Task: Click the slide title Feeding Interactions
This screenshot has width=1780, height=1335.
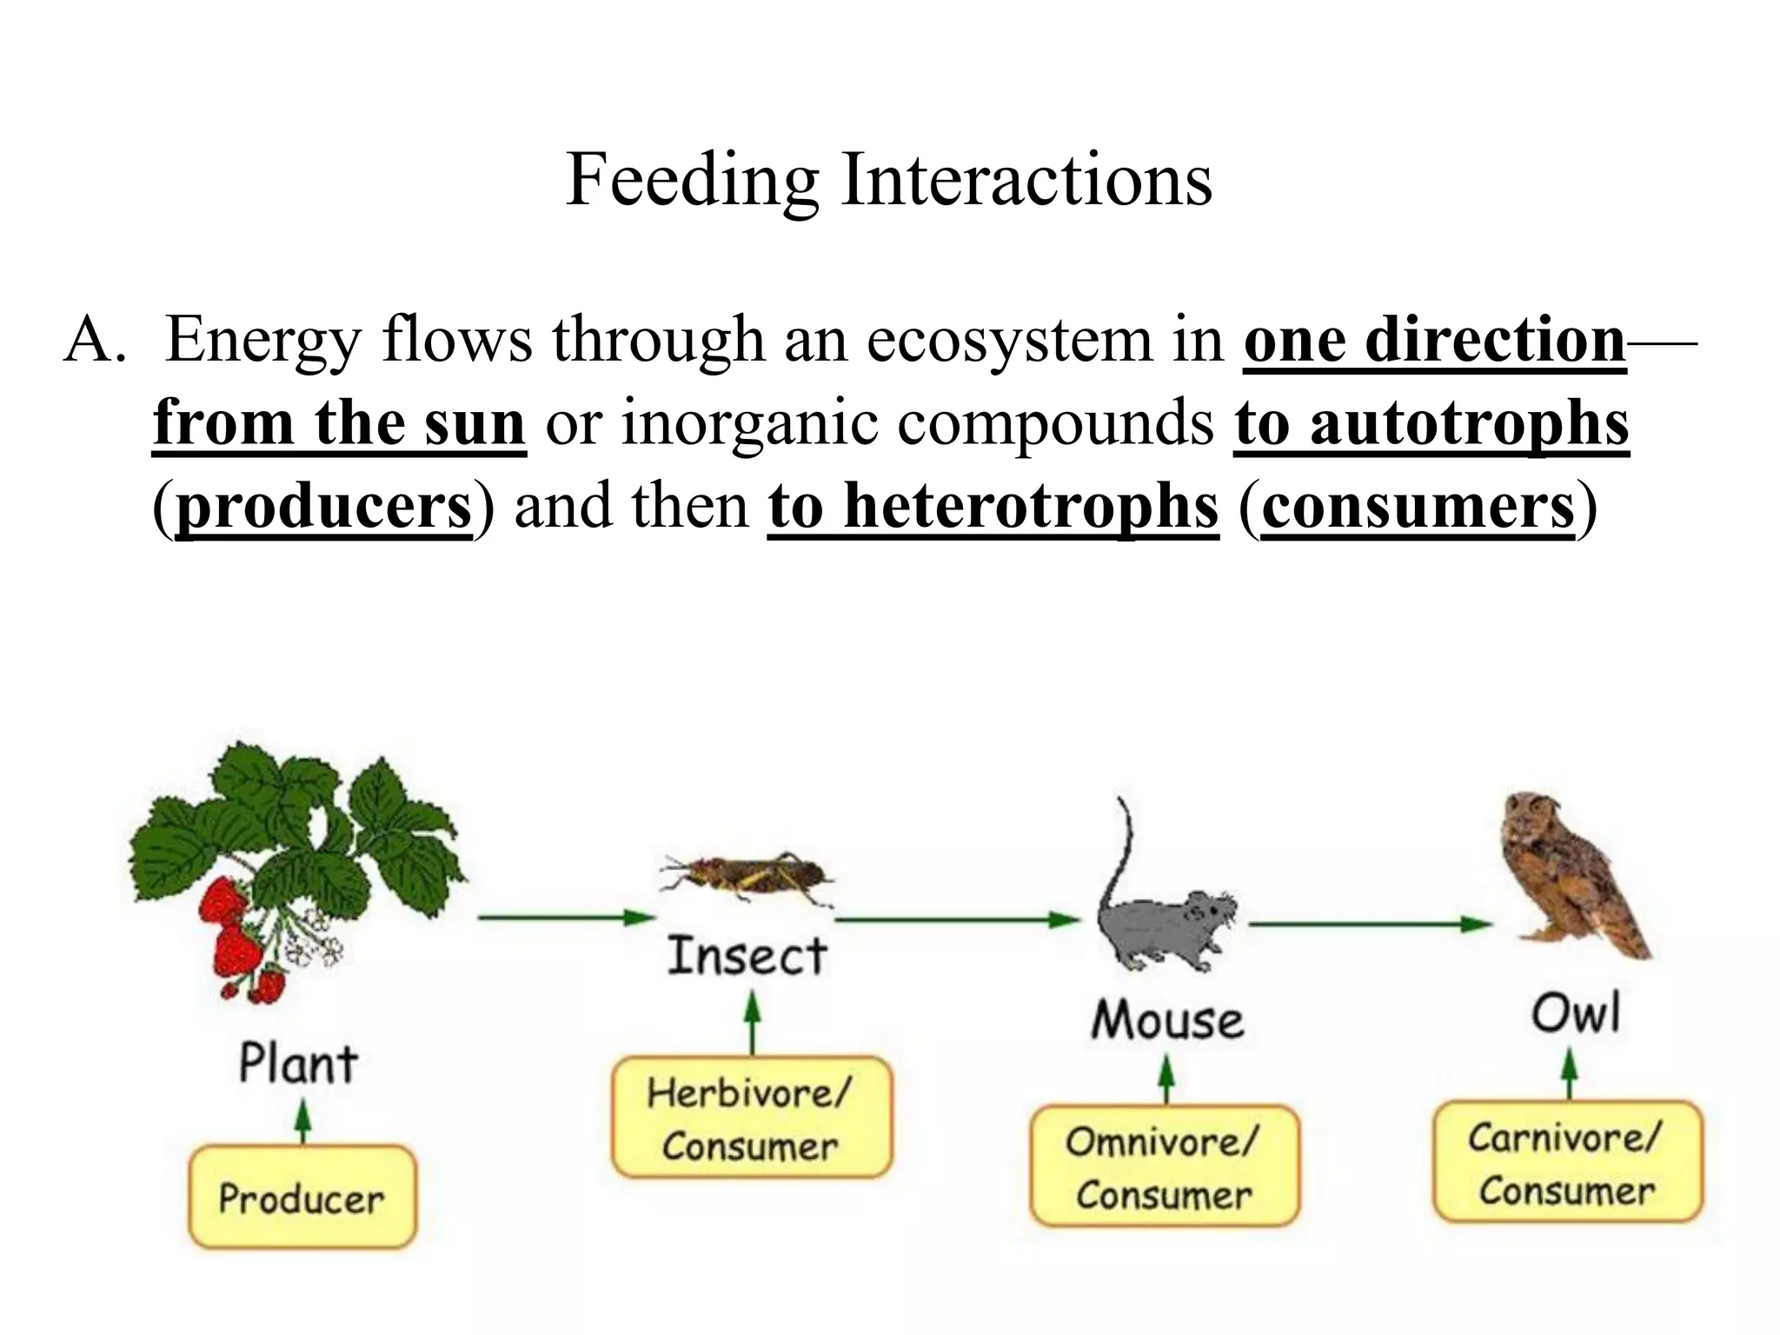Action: (888, 180)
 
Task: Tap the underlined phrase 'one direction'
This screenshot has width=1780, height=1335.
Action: (1434, 340)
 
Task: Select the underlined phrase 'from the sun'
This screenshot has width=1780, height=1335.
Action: (339, 423)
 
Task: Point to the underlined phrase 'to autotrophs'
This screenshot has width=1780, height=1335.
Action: (1431, 423)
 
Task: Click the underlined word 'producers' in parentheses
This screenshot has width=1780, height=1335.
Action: (323, 507)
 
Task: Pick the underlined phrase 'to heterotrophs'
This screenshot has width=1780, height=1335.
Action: (993, 507)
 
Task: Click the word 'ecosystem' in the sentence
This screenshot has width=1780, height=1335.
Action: (1008, 340)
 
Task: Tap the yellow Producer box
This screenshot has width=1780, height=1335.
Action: (302, 1199)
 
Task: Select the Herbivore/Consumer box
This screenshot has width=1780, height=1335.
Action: (751, 1119)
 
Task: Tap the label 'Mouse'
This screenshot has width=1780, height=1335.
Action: (1167, 1020)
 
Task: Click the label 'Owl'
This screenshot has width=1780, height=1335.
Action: (1575, 1013)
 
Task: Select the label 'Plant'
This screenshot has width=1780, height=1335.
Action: (298, 1064)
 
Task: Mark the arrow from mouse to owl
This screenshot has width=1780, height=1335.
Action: (1369, 924)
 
